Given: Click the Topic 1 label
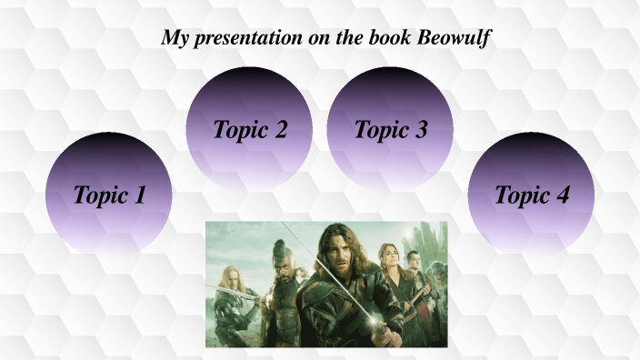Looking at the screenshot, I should click(109, 195).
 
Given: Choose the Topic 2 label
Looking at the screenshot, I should click(250, 129).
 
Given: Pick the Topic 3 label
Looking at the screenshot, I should click(391, 129).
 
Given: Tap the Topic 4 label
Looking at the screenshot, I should click(532, 195).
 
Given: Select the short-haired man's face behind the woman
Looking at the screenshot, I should click(414, 260).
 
